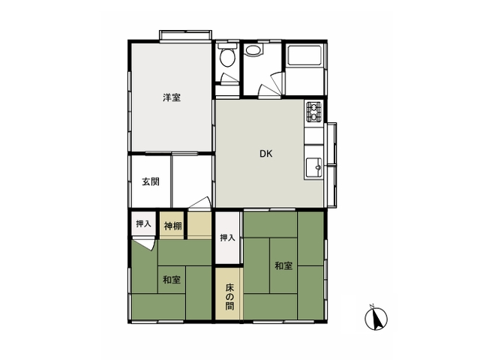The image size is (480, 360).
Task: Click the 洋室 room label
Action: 172,97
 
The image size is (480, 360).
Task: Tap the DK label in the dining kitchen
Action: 265,154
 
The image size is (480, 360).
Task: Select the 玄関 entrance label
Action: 151,181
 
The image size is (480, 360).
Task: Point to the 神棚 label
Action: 173,226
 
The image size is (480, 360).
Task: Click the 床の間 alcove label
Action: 229,297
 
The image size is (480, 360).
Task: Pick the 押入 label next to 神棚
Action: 143,223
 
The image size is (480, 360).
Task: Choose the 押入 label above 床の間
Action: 227,238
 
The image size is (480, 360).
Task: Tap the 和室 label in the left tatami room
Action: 172,280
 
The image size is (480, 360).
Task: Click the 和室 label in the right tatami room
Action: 283,265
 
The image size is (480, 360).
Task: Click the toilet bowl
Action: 228,58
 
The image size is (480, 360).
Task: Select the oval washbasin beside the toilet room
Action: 253,50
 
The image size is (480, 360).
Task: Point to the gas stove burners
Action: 314,112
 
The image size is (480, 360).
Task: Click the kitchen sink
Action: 314,167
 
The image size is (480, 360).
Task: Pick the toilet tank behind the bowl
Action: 227,46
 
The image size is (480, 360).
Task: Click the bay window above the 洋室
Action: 185,35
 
